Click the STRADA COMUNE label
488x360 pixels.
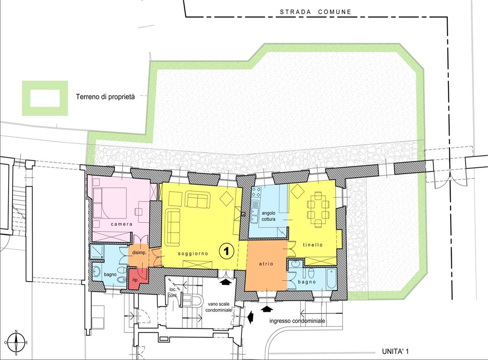(315, 12)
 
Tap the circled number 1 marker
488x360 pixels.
(226, 251)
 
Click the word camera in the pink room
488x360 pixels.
(121, 224)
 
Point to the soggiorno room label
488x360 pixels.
(193, 254)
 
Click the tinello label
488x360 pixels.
(313, 245)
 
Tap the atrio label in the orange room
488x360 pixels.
(266, 264)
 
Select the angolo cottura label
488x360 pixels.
(268, 216)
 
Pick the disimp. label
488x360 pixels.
(139, 253)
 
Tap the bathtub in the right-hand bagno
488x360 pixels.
(332, 278)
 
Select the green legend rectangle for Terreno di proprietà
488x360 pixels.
(45, 98)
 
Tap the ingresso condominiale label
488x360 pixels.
(297, 321)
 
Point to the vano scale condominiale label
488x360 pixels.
(218, 307)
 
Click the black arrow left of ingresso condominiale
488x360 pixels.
(251, 317)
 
